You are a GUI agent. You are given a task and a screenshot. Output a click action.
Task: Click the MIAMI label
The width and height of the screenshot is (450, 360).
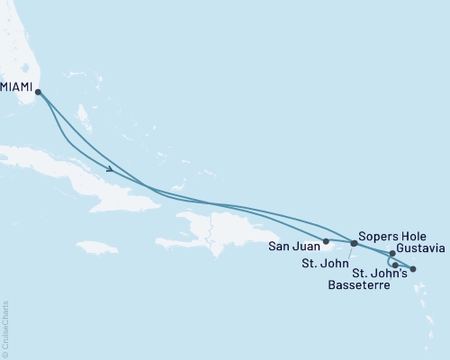17,88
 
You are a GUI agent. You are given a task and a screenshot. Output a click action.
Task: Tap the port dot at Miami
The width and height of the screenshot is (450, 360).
38,91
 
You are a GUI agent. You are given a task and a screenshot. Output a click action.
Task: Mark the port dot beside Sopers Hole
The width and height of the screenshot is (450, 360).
354,243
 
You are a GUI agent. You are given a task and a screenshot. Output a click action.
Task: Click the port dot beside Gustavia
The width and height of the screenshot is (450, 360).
392,253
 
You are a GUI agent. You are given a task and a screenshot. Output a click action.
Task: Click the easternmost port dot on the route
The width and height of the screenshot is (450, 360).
413,269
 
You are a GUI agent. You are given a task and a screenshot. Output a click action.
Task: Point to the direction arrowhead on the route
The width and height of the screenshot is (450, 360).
109,168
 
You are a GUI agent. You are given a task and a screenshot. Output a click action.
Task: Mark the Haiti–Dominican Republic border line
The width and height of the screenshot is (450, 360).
211,229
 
